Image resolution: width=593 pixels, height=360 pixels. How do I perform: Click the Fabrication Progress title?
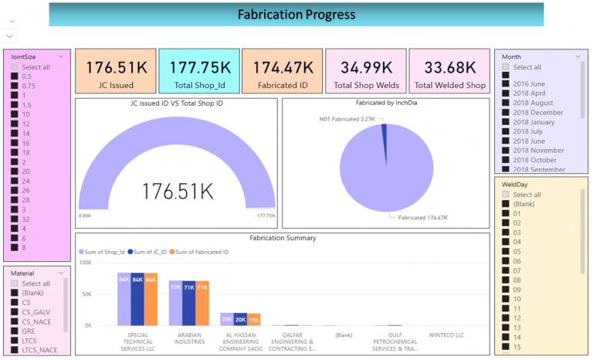point(296,15)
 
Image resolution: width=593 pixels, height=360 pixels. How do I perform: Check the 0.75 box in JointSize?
point(14,86)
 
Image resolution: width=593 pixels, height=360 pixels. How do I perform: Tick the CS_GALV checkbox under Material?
point(14,312)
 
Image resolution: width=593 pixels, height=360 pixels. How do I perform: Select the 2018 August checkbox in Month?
point(506,103)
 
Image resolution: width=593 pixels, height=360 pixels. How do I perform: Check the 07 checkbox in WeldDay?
point(506,270)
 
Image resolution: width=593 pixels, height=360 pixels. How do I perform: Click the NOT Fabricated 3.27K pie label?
point(347,119)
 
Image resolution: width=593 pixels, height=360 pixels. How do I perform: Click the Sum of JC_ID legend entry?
point(147,252)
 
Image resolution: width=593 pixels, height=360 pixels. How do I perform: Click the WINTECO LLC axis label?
point(446,335)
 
